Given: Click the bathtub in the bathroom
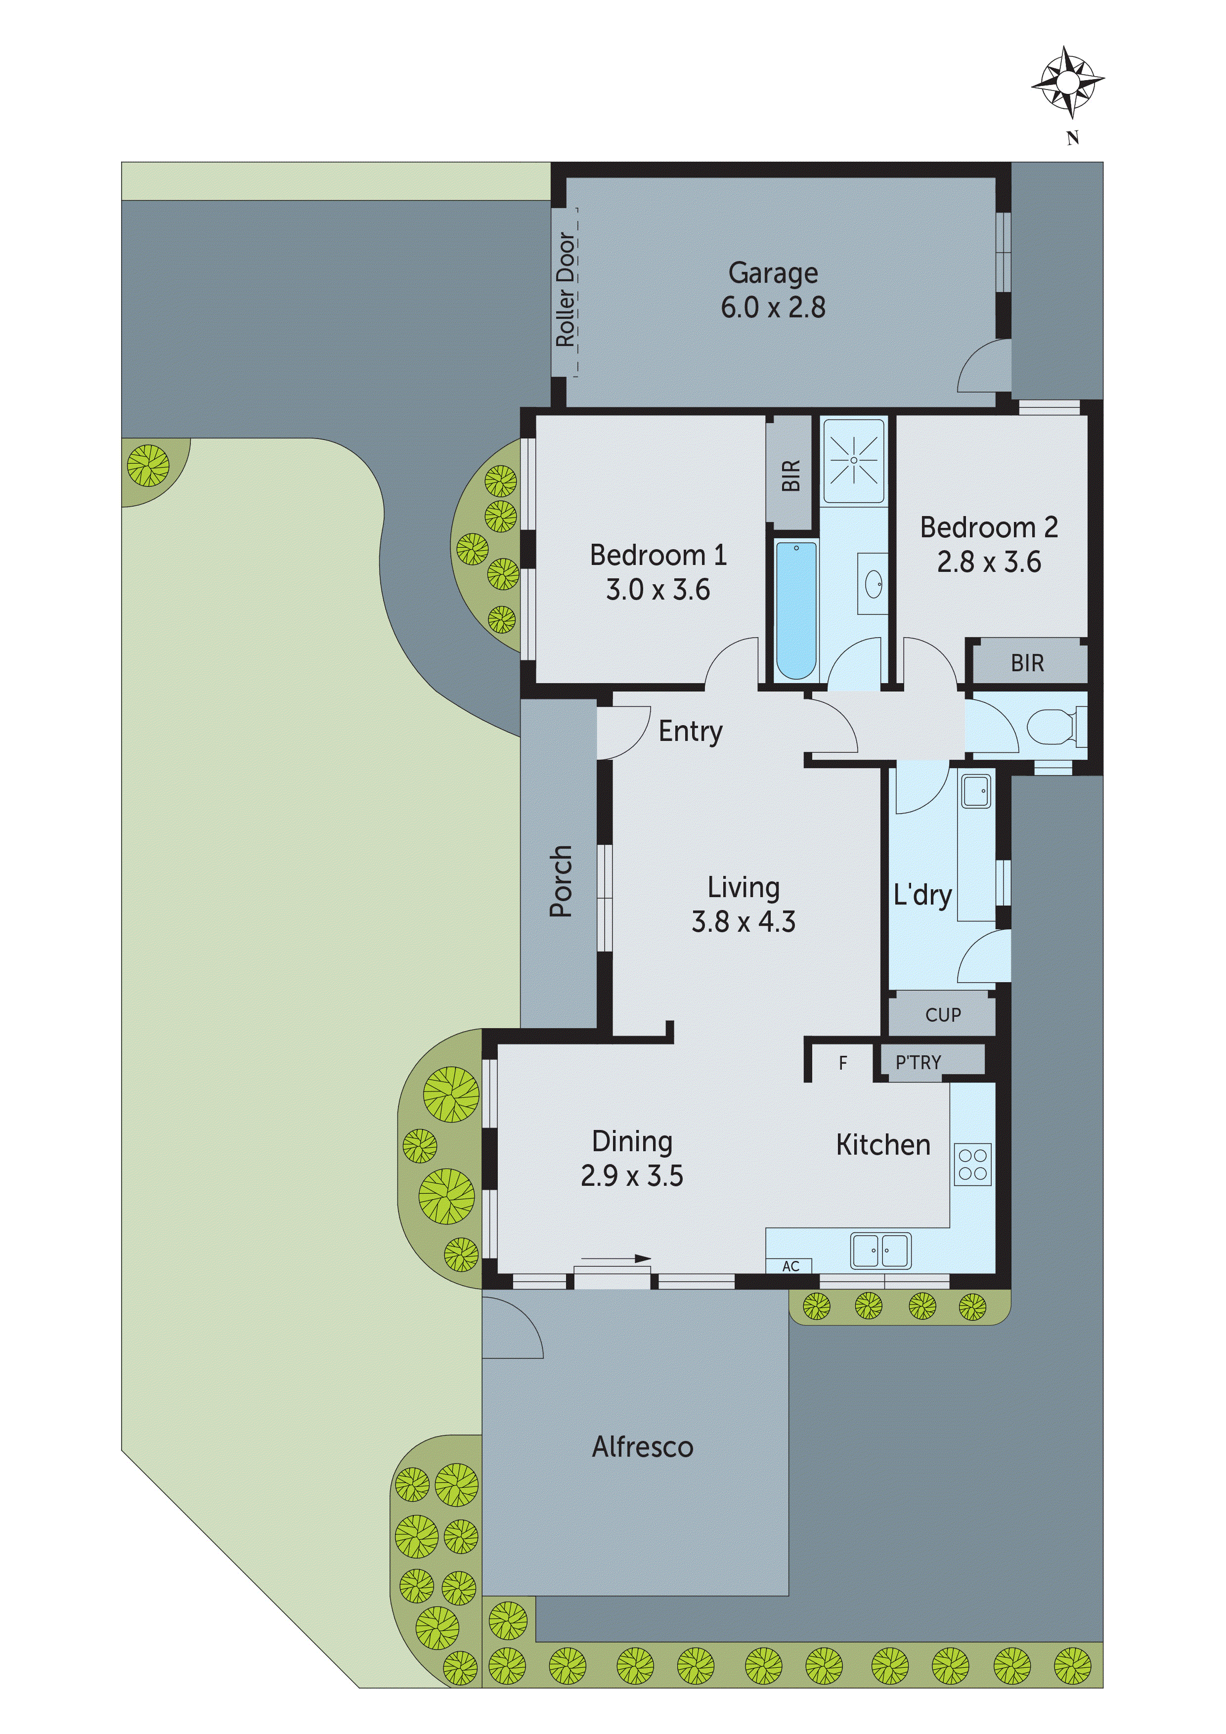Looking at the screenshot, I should coord(796,609).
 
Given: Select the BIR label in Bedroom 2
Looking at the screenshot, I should coord(1027,663).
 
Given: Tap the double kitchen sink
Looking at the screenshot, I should coord(881,1250).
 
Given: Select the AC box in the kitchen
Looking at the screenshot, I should coord(790,1266).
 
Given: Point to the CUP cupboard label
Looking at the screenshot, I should coord(943,1015).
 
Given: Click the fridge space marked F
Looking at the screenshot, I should coord(843,1063).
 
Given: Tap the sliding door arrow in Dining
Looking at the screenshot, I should coord(615,1258).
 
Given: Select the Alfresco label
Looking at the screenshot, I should coord(642,1447).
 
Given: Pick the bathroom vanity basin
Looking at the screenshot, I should coord(873,583).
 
